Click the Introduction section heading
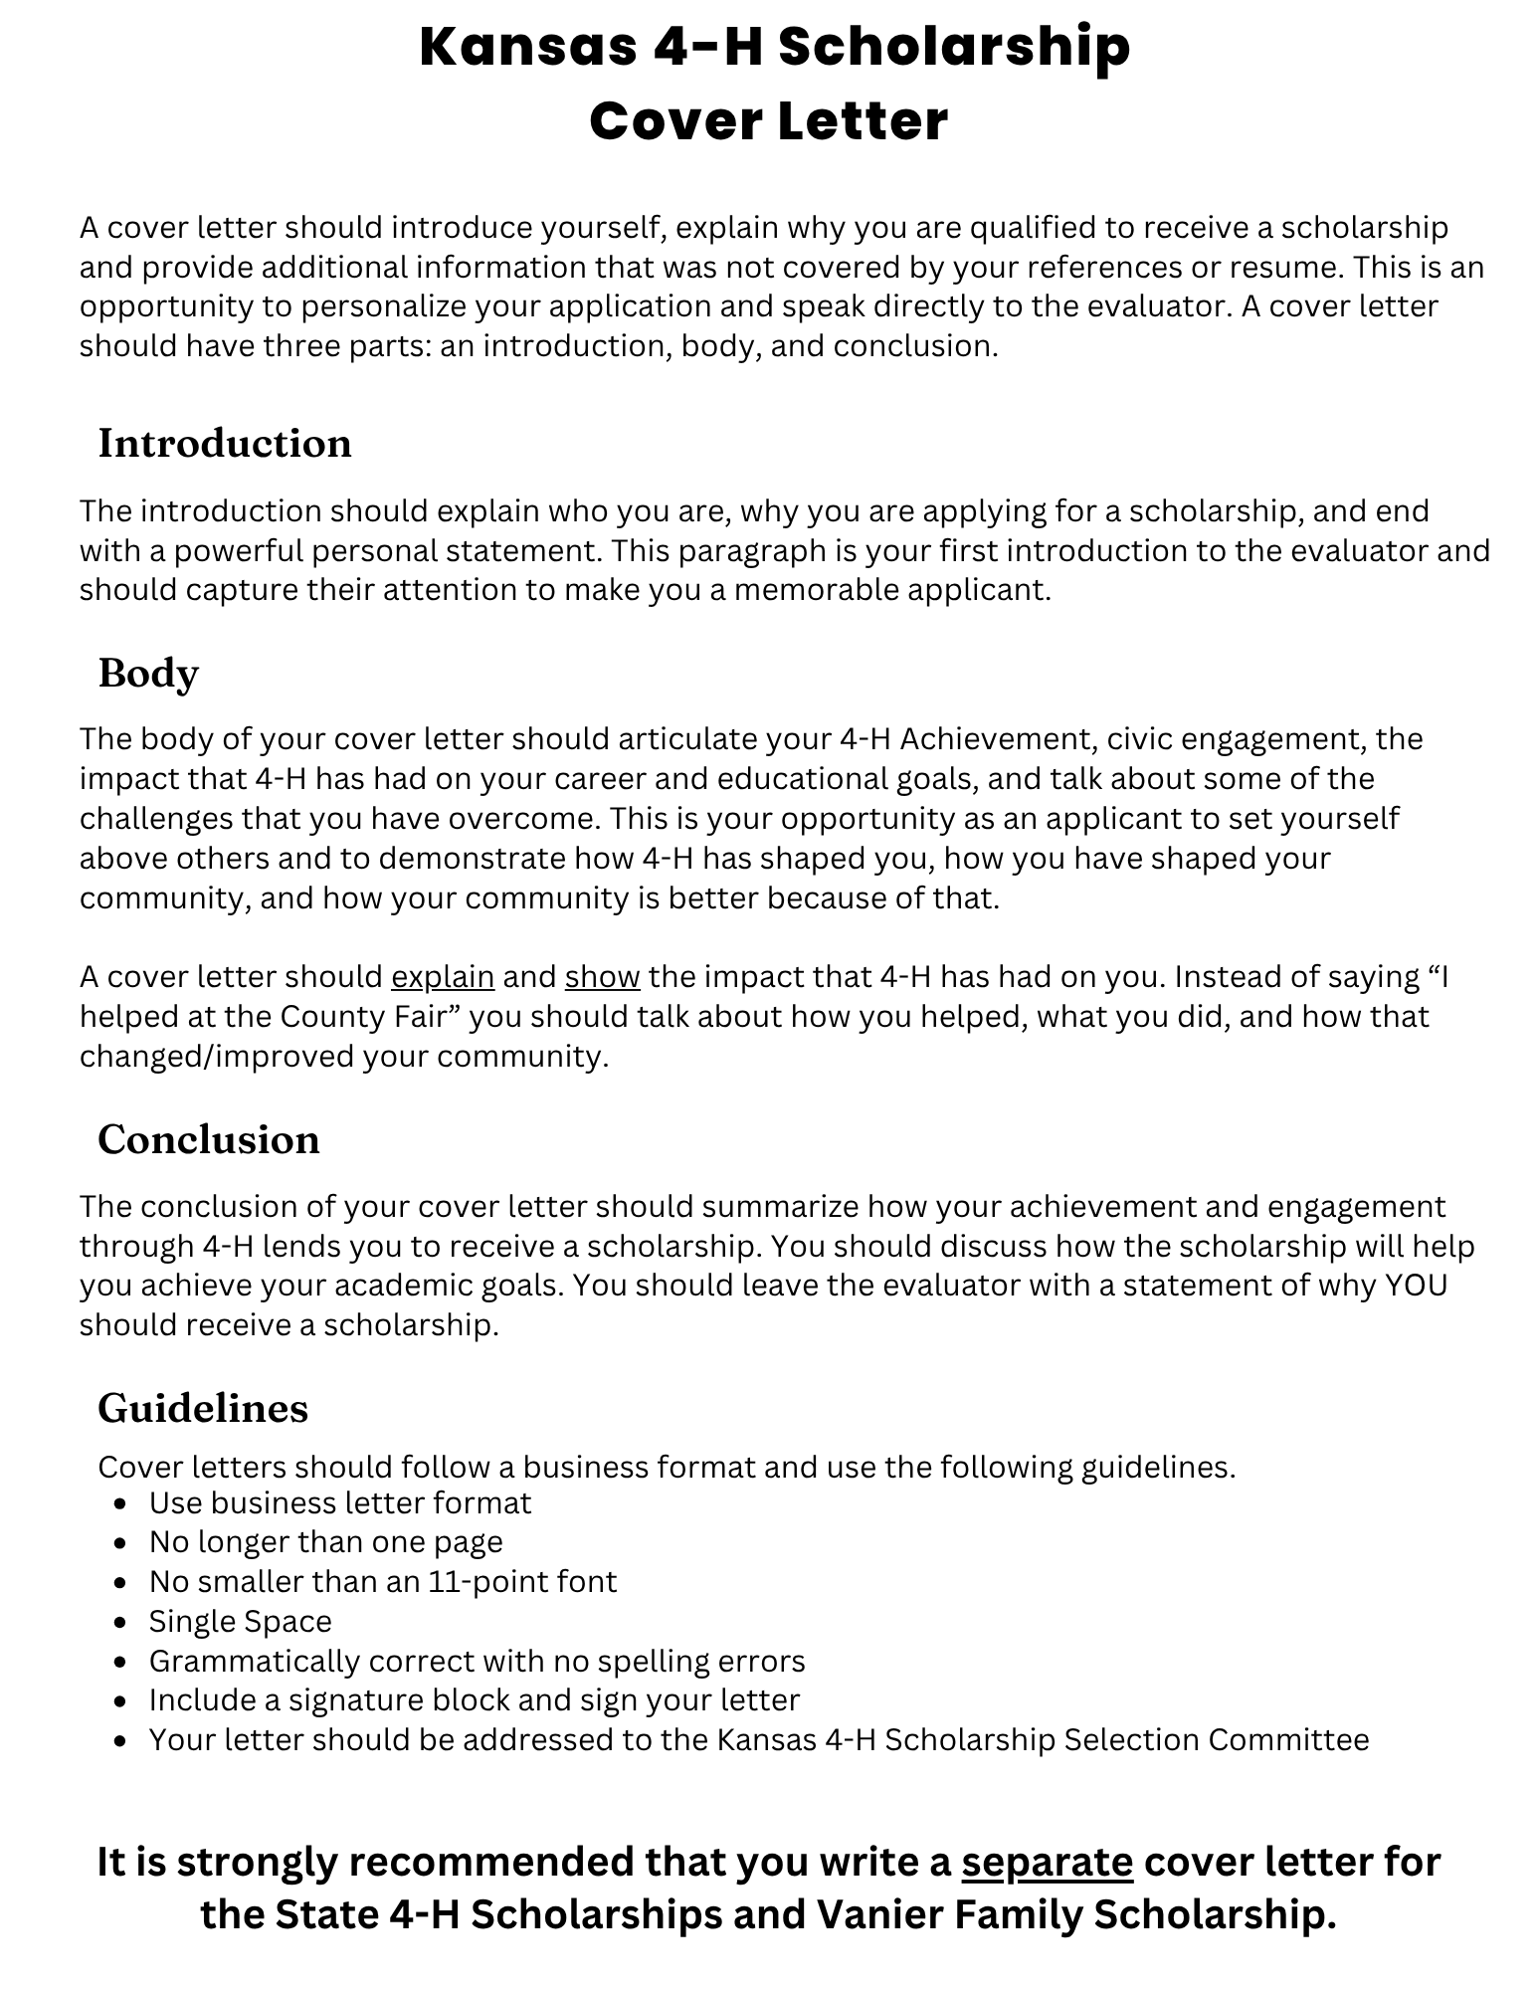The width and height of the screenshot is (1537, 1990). (225, 444)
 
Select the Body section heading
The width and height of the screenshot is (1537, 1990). (148, 674)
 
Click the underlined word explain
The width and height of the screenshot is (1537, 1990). (443, 977)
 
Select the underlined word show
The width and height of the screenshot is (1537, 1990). (602, 977)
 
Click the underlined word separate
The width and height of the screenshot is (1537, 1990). (1047, 1862)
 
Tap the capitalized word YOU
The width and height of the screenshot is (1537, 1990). (1416, 1286)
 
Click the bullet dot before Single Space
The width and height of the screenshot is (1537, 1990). (121, 1623)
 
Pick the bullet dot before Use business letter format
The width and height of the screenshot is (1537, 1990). (121, 1503)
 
